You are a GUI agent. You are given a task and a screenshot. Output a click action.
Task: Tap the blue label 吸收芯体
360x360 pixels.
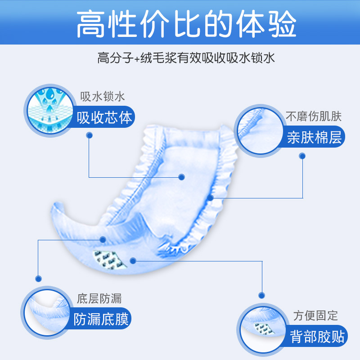105,117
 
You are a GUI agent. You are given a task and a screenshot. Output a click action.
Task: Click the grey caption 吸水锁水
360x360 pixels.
102,97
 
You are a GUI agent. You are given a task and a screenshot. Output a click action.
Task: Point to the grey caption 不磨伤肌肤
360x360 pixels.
314,117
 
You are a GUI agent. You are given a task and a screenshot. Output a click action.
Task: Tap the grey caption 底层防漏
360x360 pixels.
99,298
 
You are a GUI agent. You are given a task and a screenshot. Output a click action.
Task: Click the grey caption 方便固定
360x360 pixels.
315,315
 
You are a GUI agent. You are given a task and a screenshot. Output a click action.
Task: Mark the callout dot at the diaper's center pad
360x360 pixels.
182,177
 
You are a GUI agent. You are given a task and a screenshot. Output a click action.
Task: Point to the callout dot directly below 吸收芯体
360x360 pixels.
90,135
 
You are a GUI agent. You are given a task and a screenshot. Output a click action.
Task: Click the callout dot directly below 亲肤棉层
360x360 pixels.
302,156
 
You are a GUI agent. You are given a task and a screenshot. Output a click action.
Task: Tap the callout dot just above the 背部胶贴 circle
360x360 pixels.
261,295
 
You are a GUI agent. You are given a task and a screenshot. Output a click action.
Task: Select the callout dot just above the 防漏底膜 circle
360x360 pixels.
38,278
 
